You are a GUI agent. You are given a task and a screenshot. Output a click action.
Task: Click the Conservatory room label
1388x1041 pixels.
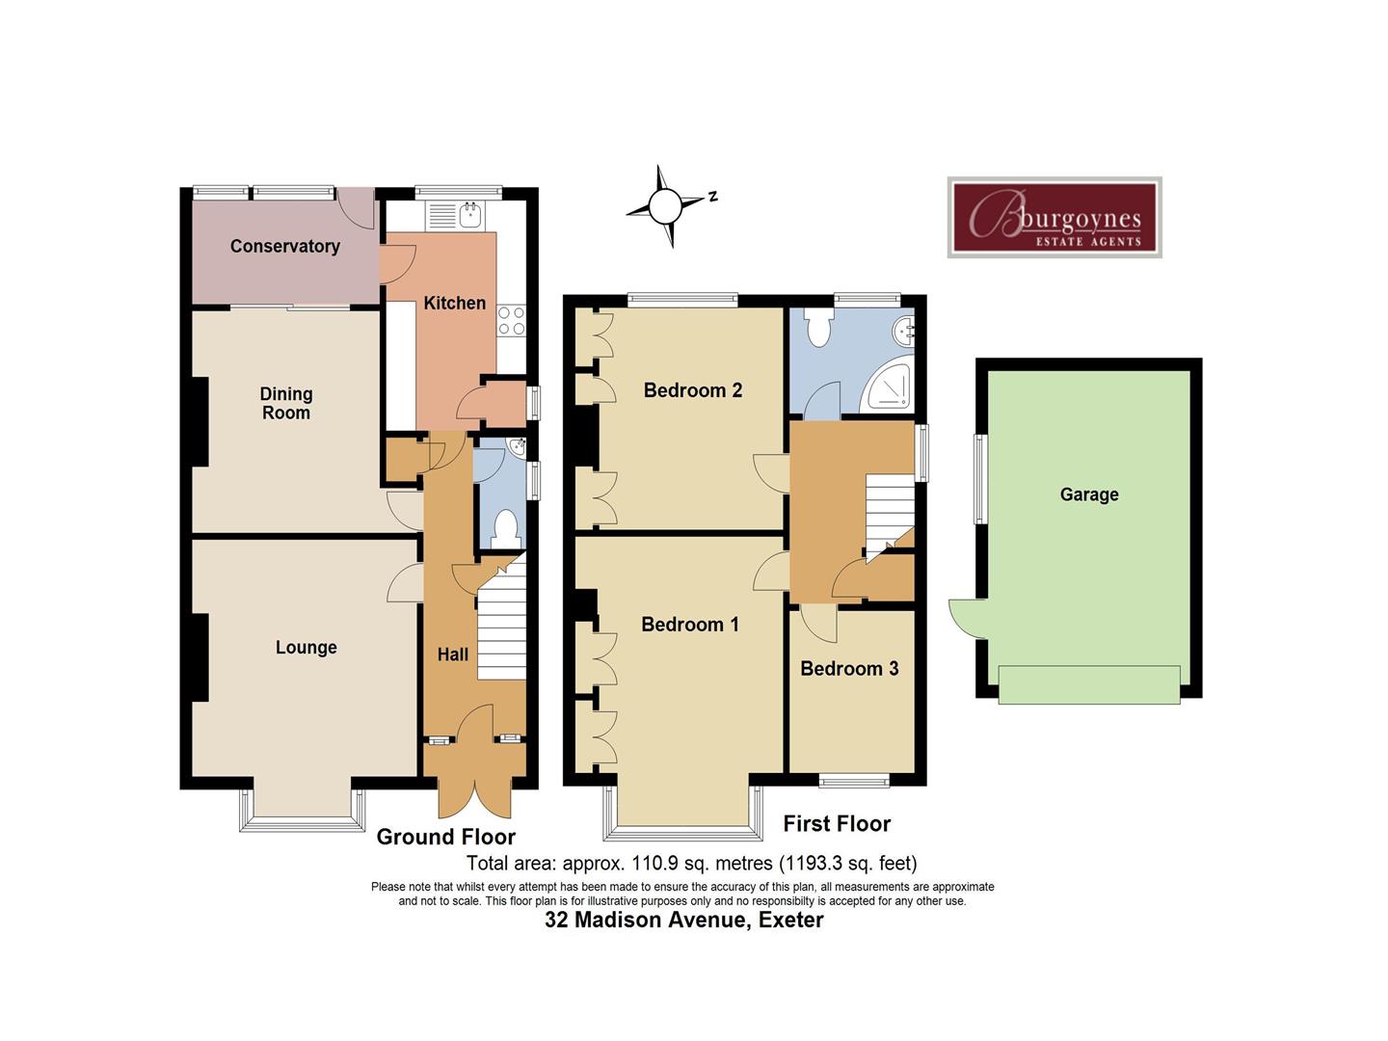click(284, 246)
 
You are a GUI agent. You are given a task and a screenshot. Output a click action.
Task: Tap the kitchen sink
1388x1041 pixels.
click(470, 215)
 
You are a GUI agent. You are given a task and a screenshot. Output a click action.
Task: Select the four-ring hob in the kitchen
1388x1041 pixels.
click(511, 320)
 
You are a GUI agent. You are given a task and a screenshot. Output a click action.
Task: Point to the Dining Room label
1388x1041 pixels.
click(286, 403)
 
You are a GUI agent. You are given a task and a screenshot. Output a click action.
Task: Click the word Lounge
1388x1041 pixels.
click(307, 647)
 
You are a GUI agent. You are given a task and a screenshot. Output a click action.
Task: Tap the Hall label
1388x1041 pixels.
click(453, 654)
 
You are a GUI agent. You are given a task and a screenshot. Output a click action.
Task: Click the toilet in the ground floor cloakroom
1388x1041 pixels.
click(506, 529)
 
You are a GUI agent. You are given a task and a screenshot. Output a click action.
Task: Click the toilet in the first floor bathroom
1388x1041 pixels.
click(819, 326)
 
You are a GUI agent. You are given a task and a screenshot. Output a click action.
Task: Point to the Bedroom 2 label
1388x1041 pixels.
click(692, 390)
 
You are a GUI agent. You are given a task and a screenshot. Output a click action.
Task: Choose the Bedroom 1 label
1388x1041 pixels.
click(690, 624)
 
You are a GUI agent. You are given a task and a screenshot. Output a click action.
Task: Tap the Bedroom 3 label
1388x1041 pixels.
click(849, 668)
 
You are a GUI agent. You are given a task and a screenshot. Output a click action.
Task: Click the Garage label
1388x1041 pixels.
click(1089, 494)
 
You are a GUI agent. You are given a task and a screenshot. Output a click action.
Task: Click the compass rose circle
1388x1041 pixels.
click(664, 206)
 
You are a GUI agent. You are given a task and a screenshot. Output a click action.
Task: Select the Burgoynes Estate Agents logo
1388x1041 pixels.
click(1054, 218)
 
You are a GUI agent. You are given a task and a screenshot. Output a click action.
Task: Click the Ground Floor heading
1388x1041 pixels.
click(446, 837)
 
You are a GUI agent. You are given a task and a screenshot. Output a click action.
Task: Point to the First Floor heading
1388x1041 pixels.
click(837, 823)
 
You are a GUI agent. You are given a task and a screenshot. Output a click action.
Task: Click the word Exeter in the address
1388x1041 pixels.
click(791, 920)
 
